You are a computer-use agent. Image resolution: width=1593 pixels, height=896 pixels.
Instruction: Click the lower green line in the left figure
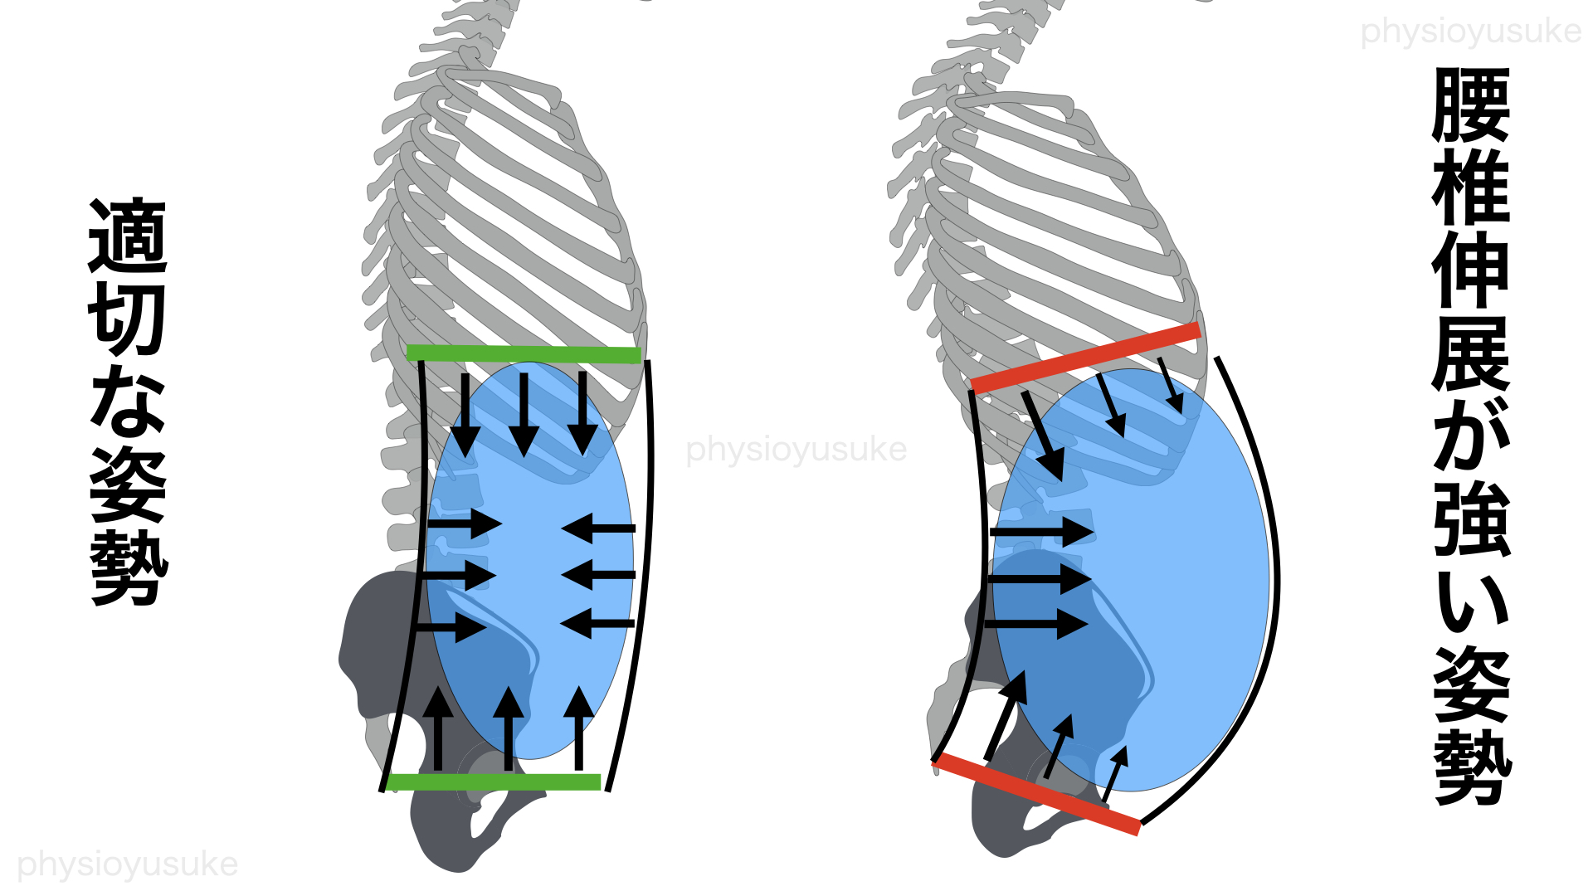tap(494, 782)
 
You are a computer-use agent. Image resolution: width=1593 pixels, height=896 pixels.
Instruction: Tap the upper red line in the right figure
tap(1085, 358)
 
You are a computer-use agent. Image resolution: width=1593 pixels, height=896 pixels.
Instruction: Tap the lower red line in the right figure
tap(1037, 794)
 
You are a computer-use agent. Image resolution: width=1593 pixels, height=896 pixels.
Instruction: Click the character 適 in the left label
tap(128, 236)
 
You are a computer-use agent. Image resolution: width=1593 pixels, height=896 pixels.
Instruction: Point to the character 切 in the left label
tap(128, 319)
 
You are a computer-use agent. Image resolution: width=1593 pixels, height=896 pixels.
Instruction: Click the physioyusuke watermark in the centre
tap(796, 449)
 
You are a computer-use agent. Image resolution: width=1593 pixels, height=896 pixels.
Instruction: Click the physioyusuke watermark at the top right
tap(1471, 32)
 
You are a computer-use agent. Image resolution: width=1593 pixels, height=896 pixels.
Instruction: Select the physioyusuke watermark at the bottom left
tap(128, 864)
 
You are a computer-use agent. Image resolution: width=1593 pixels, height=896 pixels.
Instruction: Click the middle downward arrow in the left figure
tap(524, 414)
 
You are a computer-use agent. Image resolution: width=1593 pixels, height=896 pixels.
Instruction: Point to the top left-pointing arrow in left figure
tap(598, 528)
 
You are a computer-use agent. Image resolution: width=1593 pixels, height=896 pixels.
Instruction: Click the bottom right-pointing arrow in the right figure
tap(1037, 624)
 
